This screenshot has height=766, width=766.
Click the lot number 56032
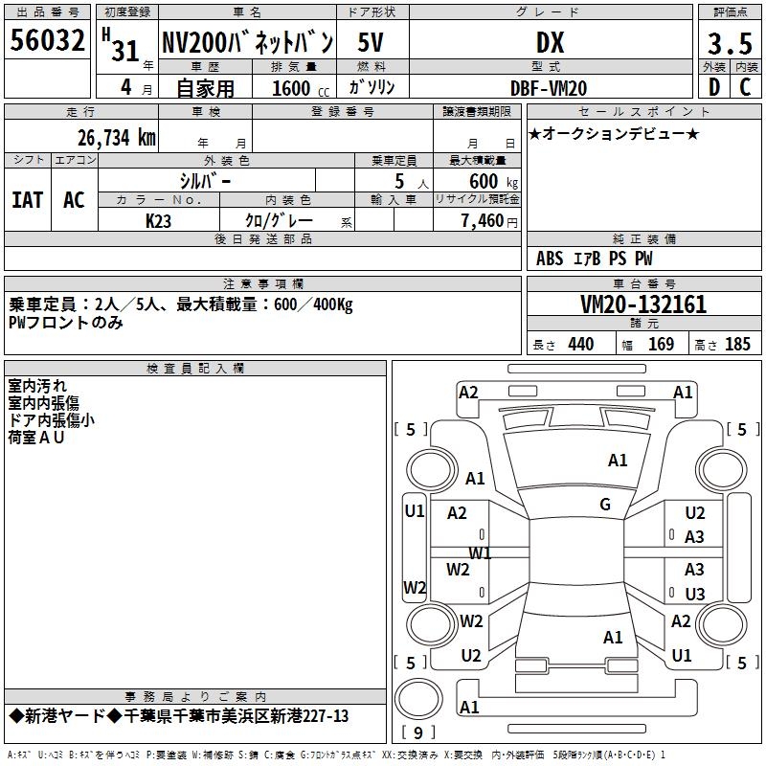click(x=47, y=40)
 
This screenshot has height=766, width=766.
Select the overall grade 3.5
click(x=730, y=43)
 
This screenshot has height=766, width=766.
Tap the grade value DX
click(x=550, y=42)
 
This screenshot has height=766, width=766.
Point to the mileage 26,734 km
click(x=116, y=138)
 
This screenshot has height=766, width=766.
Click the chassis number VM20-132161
click(x=643, y=304)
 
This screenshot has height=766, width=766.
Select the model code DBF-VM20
click(x=549, y=88)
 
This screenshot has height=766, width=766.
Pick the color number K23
click(x=158, y=221)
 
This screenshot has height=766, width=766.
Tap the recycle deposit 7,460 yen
click(x=489, y=221)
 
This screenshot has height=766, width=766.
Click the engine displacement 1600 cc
click(x=301, y=88)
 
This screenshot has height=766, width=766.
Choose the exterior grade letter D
click(x=714, y=87)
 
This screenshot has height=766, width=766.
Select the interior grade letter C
click(x=745, y=87)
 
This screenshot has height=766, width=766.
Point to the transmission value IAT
click(x=28, y=200)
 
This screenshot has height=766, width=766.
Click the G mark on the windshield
click(x=605, y=505)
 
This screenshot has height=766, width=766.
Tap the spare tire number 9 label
click(x=418, y=732)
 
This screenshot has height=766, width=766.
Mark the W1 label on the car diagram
click(x=480, y=553)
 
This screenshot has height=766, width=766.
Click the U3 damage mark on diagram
click(x=695, y=594)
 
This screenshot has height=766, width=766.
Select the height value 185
click(x=737, y=344)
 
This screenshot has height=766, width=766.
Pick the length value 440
click(x=581, y=344)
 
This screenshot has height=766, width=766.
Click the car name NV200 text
click(x=194, y=42)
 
